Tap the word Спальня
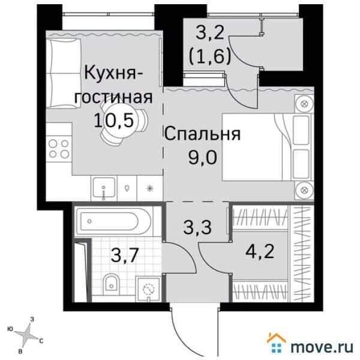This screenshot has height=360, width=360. pyautogui.click(x=202, y=134)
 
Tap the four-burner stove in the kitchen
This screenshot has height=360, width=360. pyautogui.click(x=58, y=148)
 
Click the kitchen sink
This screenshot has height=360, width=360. pyautogui.click(x=104, y=188)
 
